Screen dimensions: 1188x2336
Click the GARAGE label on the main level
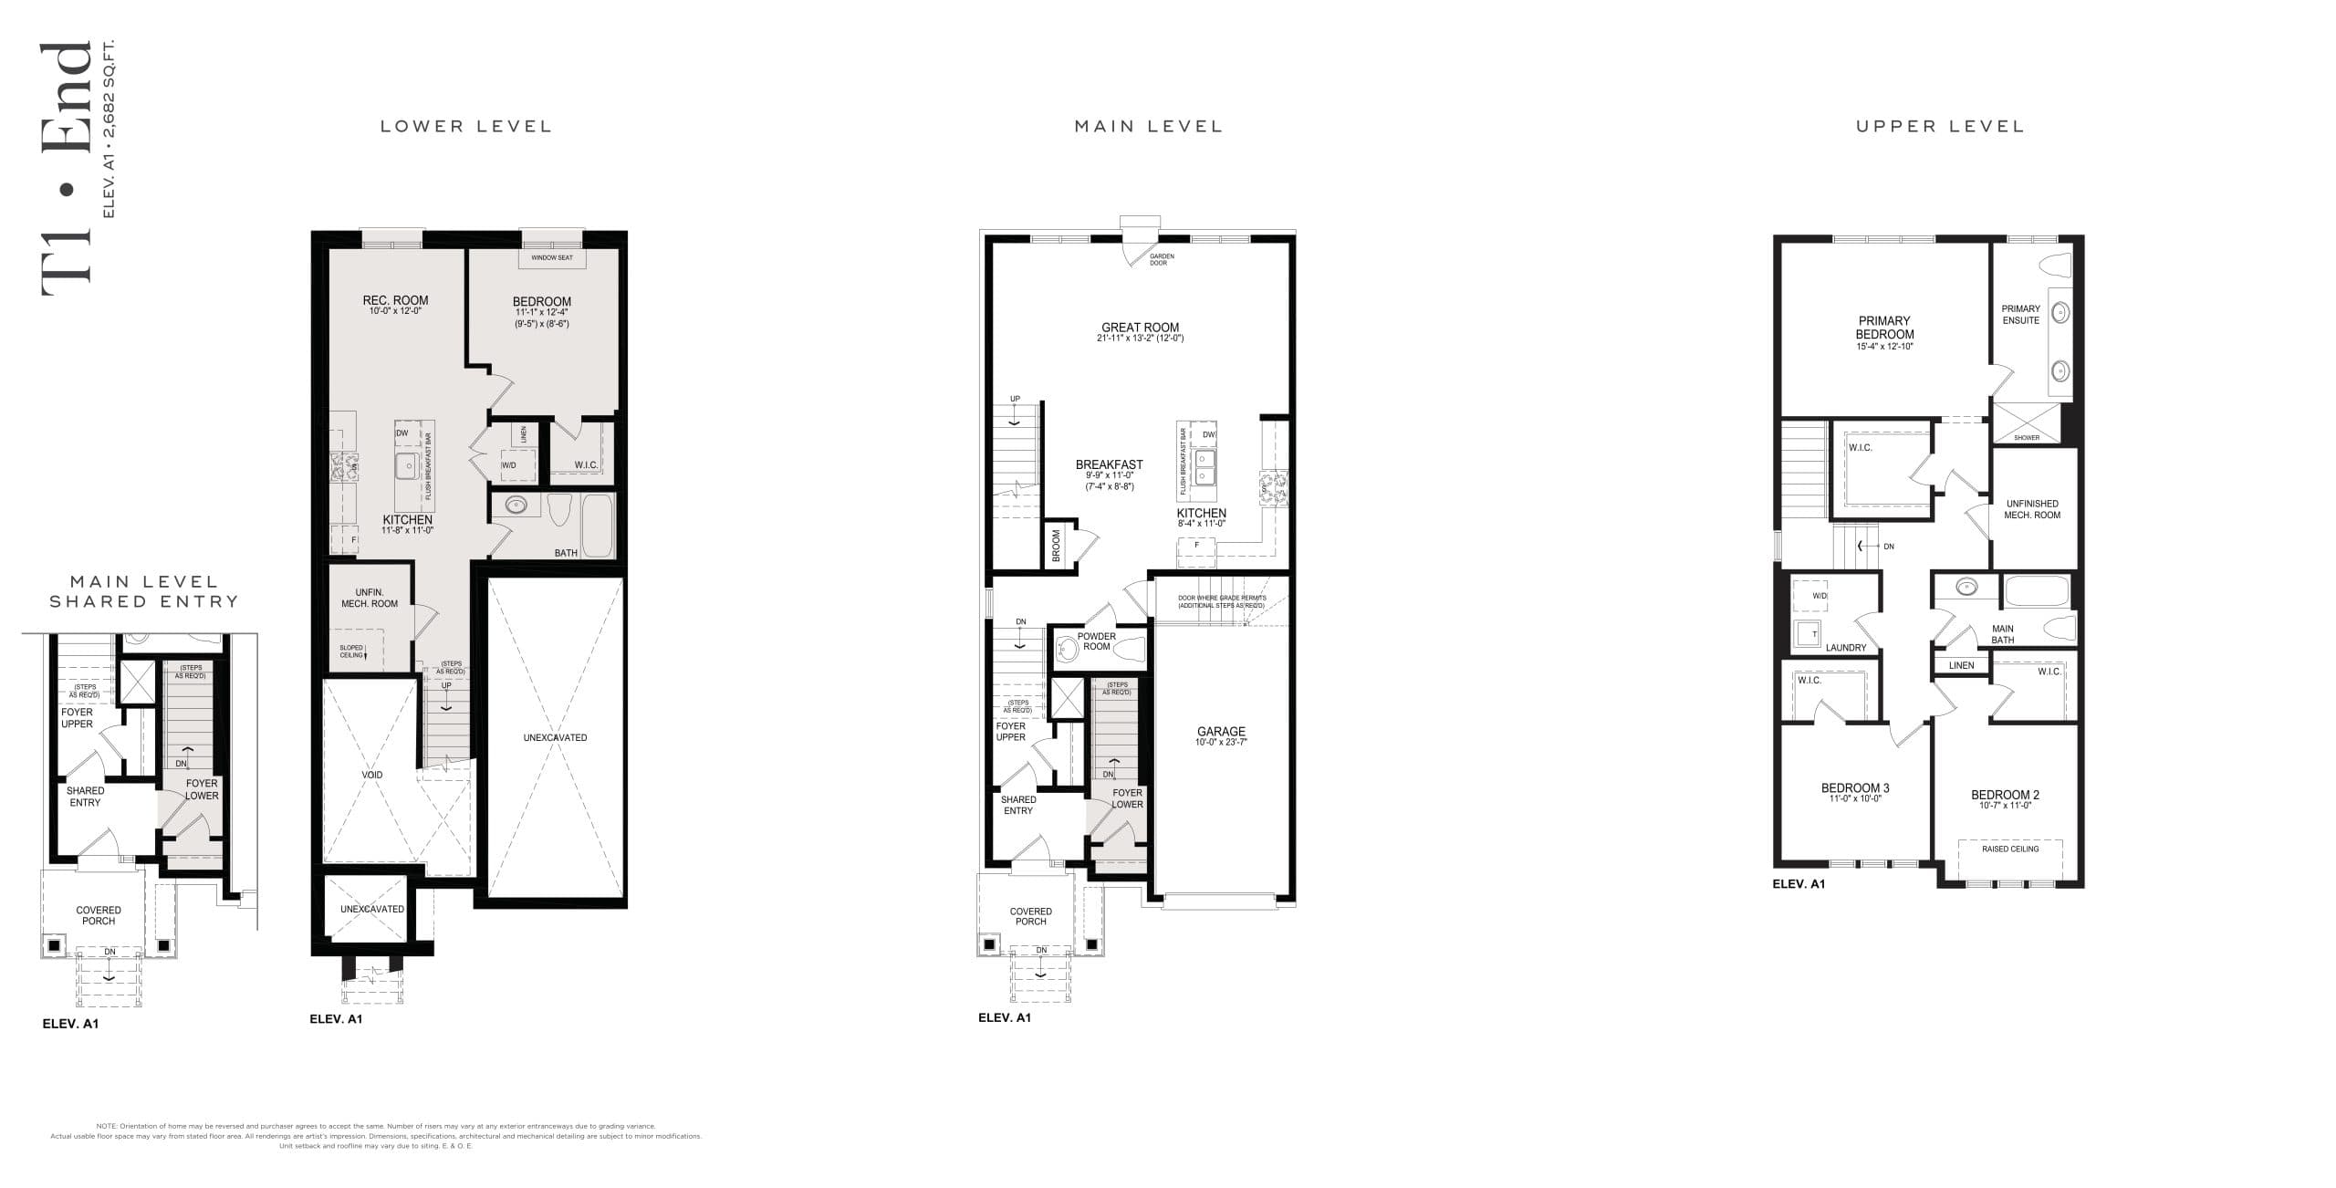click(x=1221, y=732)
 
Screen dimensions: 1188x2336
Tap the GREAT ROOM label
click(x=1140, y=328)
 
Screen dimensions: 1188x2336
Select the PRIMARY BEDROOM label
click(x=1884, y=328)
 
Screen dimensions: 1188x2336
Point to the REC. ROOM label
click(x=395, y=300)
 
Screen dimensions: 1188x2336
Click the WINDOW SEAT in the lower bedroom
click(x=552, y=258)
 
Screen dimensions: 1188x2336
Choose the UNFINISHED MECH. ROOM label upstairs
click(x=2032, y=509)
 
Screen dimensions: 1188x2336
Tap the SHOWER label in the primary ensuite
click(x=2027, y=437)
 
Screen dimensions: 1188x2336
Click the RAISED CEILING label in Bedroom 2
click(x=2010, y=849)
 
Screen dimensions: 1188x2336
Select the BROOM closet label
click(x=1057, y=547)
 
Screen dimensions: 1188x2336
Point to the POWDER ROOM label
click(x=1097, y=641)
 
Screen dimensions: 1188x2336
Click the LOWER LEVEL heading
click(x=465, y=126)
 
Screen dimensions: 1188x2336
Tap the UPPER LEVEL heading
click(x=1940, y=126)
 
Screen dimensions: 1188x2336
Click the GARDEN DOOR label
click(x=1162, y=260)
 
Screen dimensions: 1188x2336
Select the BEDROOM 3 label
click(x=1855, y=788)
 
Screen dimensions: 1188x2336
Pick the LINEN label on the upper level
click(x=1961, y=665)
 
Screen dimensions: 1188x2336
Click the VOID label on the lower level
click(x=372, y=775)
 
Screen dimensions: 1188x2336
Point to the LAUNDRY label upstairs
click(x=1846, y=648)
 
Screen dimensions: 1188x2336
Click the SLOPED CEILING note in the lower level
click(x=351, y=651)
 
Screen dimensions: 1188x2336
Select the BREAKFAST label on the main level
click(x=1109, y=464)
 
